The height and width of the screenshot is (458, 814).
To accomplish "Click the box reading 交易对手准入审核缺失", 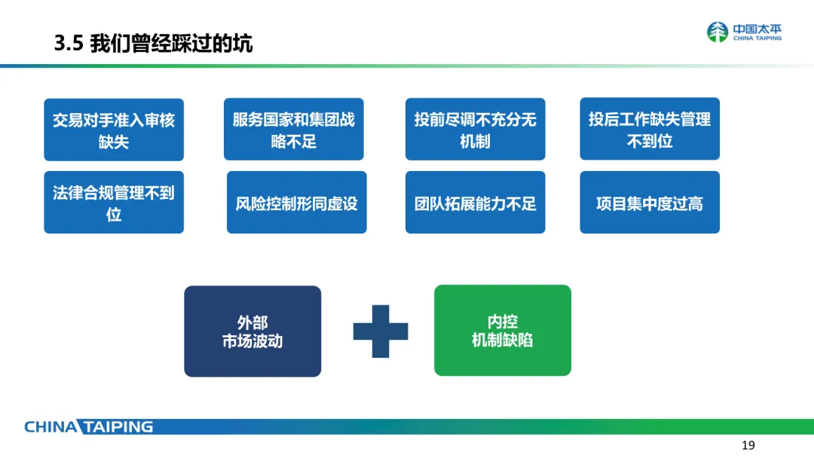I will [x=114, y=130].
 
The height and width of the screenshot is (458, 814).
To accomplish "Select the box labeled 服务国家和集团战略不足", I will [x=293, y=130].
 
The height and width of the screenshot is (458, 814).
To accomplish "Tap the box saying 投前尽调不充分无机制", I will [x=475, y=130].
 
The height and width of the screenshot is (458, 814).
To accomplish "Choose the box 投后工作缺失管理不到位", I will [x=650, y=130].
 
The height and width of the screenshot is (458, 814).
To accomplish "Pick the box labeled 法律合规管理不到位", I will [x=114, y=203].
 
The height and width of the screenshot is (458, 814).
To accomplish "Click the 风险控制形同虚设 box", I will [x=296, y=203].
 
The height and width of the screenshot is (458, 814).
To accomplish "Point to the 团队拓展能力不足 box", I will [x=475, y=203].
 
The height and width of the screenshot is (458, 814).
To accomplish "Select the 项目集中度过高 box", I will [x=650, y=203].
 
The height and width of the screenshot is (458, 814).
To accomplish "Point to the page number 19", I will [x=748, y=444].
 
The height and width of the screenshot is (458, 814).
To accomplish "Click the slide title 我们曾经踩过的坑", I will [x=171, y=44].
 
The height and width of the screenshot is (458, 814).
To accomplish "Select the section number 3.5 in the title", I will [x=67, y=44].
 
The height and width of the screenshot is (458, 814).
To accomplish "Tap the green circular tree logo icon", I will [x=718, y=32].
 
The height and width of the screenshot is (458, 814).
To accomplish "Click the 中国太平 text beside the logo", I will [x=757, y=29].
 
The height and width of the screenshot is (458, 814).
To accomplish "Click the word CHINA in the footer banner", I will [x=50, y=427].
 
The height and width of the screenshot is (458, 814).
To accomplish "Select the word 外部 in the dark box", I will [x=252, y=323].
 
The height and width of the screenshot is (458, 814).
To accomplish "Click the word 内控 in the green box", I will [x=503, y=322].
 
